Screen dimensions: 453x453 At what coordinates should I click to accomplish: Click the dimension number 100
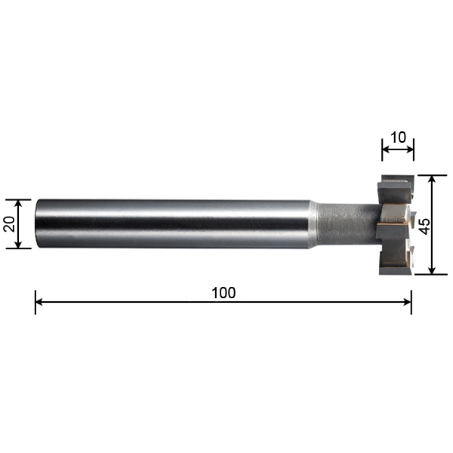(x=223, y=293)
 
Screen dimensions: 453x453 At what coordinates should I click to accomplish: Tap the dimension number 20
(x=10, y=224)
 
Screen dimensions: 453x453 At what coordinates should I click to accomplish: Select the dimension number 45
(x=424, y=226)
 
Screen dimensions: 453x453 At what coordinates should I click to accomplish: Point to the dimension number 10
(x=398, y=137)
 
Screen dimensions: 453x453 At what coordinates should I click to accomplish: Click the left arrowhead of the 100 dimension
(x=39, y=302)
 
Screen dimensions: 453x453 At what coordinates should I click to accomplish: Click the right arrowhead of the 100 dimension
(x=408, y=302)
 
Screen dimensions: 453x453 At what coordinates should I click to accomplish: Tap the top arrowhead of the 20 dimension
(x=18, y=203)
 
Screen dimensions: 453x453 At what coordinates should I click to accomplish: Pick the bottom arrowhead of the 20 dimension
(x=18, y=244)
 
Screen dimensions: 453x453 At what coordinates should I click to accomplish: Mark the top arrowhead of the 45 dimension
(x=432, y=180)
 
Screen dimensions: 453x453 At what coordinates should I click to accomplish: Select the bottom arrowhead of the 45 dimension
(x=432, y=270)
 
